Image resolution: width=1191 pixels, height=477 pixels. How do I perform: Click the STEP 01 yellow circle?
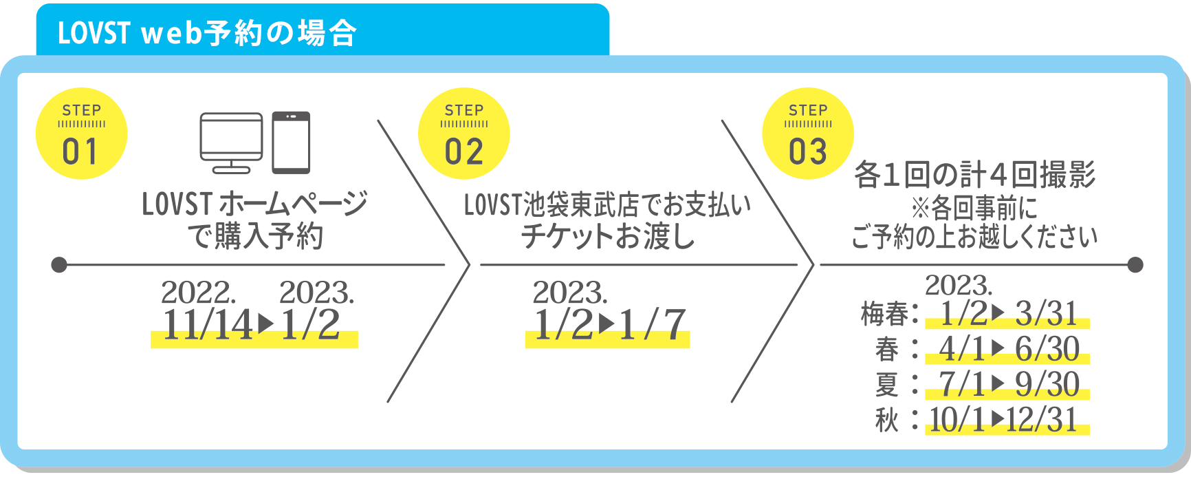click(81, 134)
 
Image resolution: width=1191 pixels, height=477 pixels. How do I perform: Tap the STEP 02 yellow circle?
click(464, 134)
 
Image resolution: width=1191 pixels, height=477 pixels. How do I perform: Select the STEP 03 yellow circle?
click(808, 134)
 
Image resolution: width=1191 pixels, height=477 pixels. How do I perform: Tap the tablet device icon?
click(291, 142)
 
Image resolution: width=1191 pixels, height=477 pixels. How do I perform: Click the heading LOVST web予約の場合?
click(207, 32)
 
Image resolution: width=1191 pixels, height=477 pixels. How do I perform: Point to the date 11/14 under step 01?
click(208, 325)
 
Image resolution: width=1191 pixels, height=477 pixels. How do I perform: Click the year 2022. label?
click(198, 293)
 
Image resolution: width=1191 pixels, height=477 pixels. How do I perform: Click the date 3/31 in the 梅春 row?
click(1046, 314)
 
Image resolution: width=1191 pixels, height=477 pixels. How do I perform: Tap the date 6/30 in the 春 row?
click(1047, 349)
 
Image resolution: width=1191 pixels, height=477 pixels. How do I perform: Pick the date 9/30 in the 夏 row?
click(1047, 384)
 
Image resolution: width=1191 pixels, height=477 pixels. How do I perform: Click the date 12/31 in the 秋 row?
click(1042, 419)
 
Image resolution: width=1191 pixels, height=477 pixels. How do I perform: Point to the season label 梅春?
click(885, 315)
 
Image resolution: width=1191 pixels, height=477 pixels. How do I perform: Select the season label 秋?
click(887, 419)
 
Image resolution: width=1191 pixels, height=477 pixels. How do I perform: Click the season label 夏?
click(887, 384)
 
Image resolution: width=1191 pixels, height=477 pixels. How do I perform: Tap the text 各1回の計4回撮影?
click(974, 175)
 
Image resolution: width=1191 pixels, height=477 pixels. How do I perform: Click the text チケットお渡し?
click(608, 236)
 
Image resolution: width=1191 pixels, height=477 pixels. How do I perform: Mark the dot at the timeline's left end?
click(59, 264)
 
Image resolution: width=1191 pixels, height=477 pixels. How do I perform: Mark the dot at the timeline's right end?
click(1135, 264)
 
